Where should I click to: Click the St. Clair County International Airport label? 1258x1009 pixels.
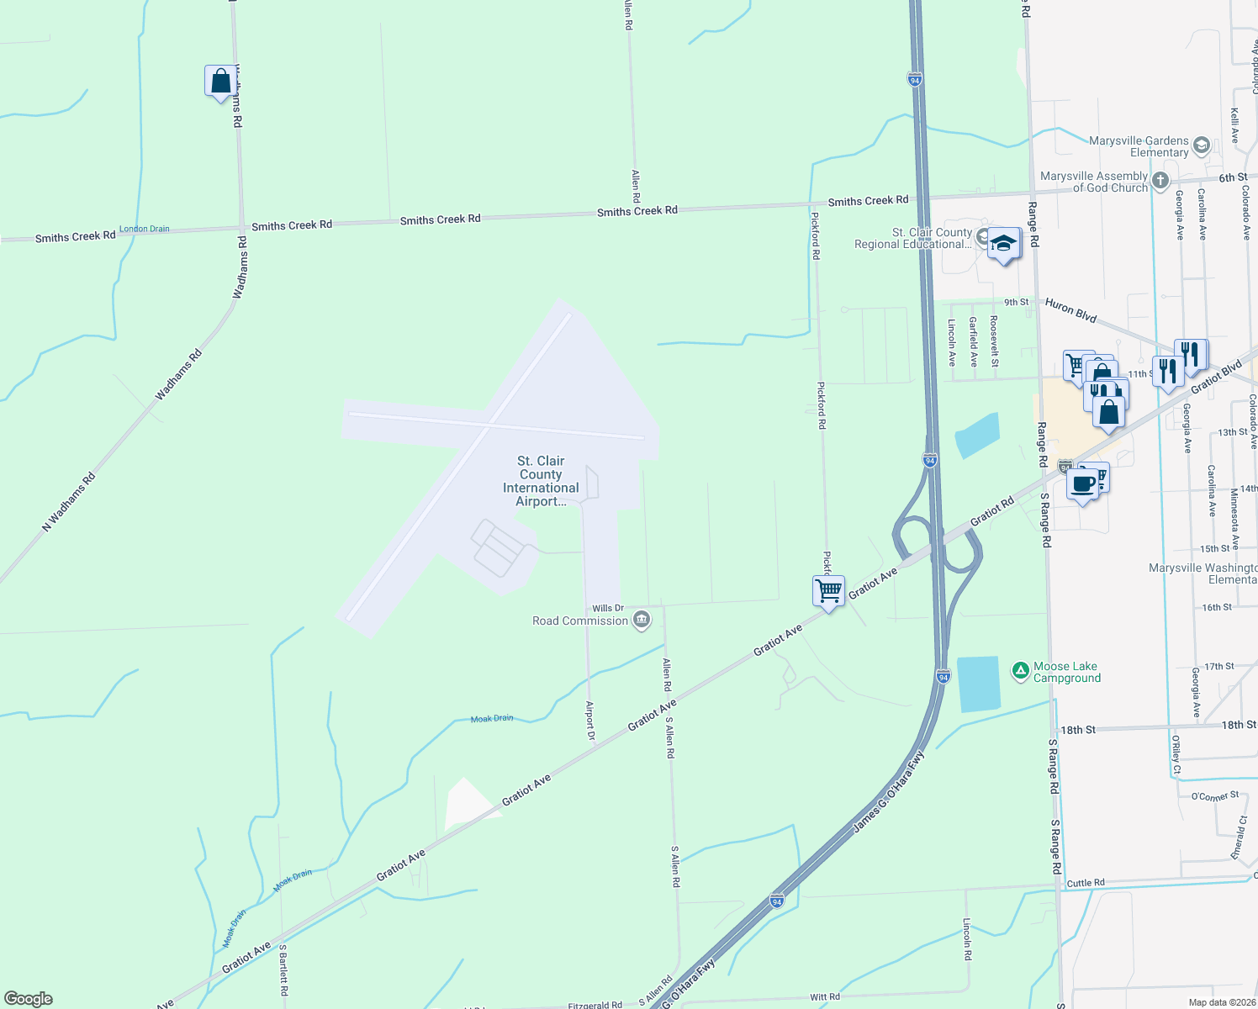(541, 481)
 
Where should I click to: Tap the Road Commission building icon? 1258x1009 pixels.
(642, 621)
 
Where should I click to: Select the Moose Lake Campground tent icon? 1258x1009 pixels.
(1020, 671)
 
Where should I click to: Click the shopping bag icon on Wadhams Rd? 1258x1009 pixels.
(220, 82)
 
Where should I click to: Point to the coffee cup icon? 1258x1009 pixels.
(1083, 485)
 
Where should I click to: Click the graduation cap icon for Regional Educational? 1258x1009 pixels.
(1003, 244)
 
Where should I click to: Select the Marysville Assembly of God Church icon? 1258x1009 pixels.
(1160, 180)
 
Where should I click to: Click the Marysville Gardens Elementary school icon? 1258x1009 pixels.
(1201, 145)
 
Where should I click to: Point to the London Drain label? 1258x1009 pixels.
(145, 229)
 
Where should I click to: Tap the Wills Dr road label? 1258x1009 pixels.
(608, 608)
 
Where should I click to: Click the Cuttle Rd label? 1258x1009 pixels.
(1086, 883)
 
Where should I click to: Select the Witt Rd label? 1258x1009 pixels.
(825, 997)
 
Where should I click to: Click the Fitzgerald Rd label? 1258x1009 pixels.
(595, 1005)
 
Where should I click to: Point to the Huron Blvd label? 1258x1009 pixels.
(1070, 310)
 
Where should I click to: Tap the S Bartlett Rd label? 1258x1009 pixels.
(283, 969)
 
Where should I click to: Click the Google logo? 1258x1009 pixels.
(29, 999)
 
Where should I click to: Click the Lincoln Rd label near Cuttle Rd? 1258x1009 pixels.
(967, 939)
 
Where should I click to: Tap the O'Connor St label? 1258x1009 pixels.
(1215, 795)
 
